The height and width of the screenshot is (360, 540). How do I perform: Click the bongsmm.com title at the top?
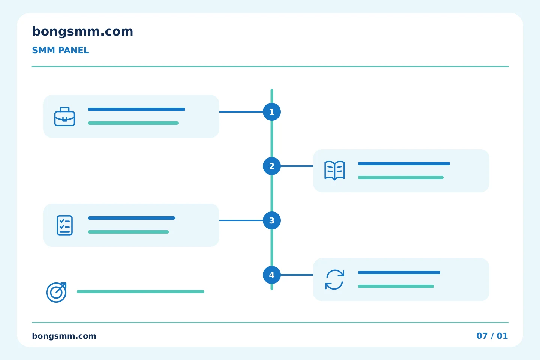click(x=82, y=31)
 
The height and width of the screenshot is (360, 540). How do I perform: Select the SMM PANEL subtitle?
click(x=60, y=50)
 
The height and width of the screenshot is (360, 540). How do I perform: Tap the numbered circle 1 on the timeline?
click(x=271, y=112)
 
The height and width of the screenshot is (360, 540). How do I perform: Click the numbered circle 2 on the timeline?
click(x=271, y=166)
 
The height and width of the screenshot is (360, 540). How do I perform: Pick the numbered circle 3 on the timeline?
click(x=271, y=220)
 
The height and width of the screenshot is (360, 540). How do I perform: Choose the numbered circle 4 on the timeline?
click(x=271, y=275)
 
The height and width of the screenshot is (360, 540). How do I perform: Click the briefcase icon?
click(x=64, y=117)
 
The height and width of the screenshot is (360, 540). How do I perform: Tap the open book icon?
click(x=334, y=171)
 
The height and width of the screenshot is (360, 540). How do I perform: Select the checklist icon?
click(x=64, y=225)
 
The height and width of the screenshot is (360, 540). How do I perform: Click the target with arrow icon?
click(x=56, y=292)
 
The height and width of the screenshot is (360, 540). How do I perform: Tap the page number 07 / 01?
click(x=492, y=336)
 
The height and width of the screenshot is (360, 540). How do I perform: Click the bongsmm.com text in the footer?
click(x=64, y=336)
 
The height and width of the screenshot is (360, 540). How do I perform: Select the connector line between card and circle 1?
click(x=241, y=112)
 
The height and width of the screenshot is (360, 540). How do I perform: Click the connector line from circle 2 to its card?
click(x=297, y=166)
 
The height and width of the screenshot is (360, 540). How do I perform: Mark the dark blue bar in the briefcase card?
click(x=136, y=109)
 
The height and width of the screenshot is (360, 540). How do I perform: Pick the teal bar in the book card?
click(x=400, y=178)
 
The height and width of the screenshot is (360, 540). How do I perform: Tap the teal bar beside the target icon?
click(x=141, y=291)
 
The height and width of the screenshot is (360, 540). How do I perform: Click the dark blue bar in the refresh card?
click(x=399, y=273)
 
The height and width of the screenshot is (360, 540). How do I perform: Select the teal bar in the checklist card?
click(x=128, y=232)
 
